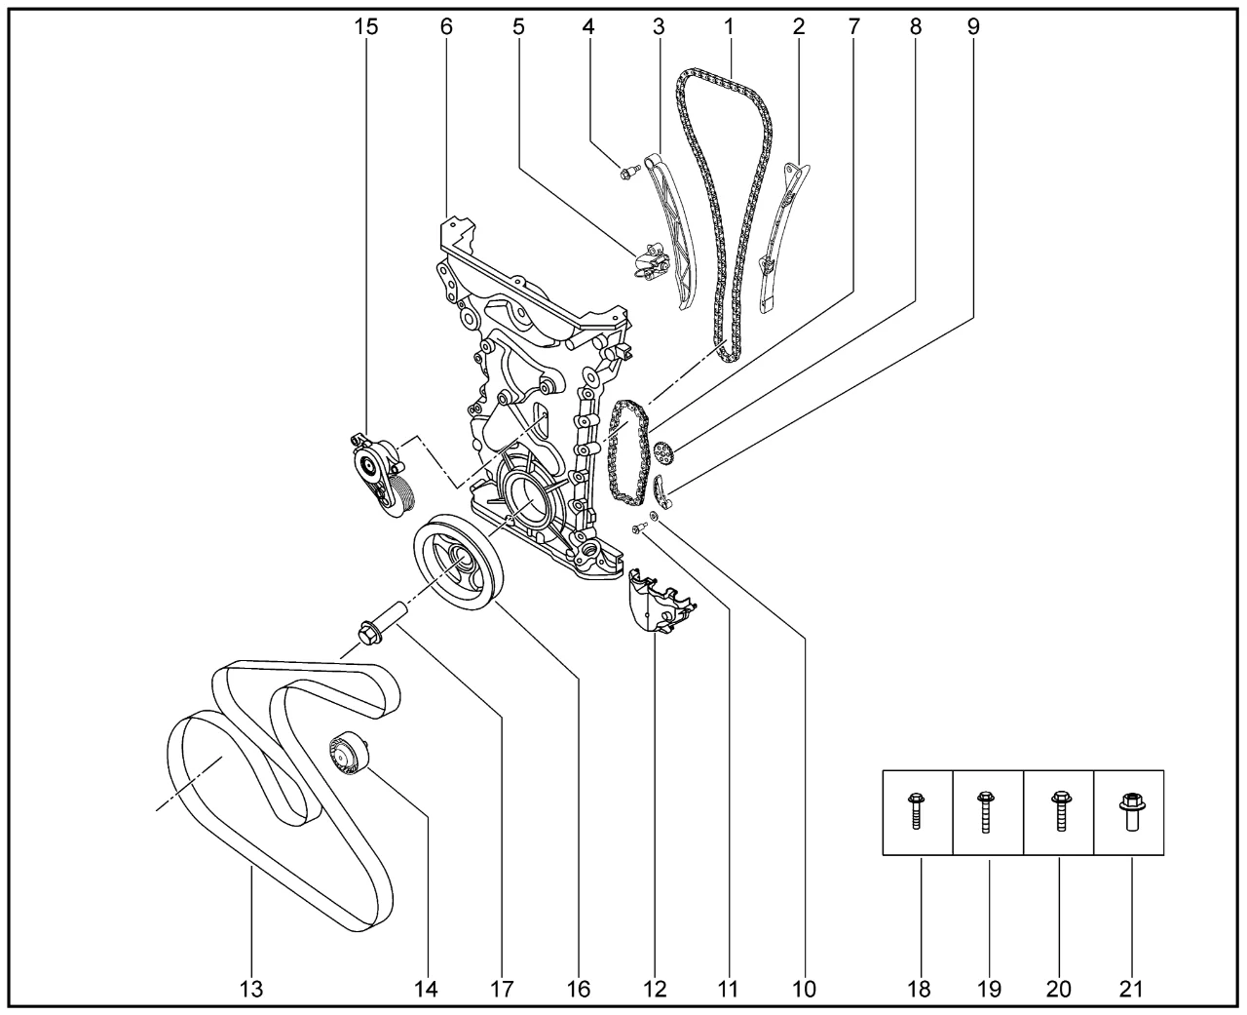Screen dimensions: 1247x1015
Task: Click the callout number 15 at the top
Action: coord(366,27)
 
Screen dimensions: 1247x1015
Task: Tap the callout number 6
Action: coord(446,27)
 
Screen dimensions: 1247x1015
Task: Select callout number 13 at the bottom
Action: coord(251,990)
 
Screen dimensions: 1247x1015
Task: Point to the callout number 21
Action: coord(1131,990)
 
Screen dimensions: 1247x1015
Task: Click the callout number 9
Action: coord(973,27)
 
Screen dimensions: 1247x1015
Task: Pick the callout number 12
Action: coord(655,990)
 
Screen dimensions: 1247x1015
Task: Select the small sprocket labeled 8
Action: coord(663,454)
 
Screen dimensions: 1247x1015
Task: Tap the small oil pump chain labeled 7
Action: coord(628,452)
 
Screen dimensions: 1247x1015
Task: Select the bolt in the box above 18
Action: coord(916,812)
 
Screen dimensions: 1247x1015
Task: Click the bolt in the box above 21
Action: coord(1132,812)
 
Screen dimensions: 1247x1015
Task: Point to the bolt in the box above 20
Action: coord(1060,812)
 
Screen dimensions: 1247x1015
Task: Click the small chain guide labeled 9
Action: coord(661,492)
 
